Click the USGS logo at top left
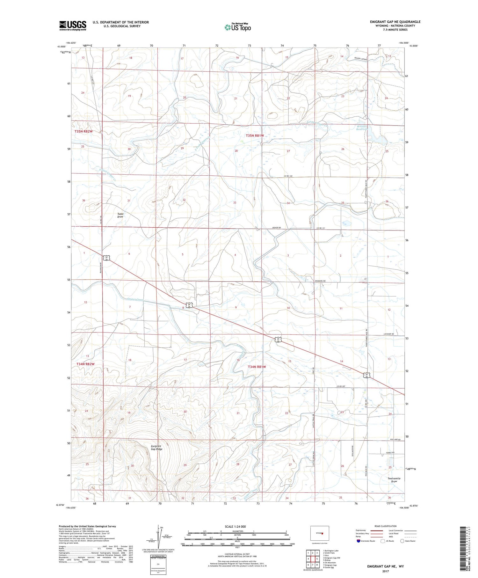73,26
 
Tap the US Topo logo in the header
237,27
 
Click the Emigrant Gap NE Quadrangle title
395,22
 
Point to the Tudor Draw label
120,215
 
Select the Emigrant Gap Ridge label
156,448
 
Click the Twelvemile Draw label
394,480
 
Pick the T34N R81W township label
257,367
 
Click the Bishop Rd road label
277,228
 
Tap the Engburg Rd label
320,281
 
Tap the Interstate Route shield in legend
358,541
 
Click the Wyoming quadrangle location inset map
320,533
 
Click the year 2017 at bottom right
386,571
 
